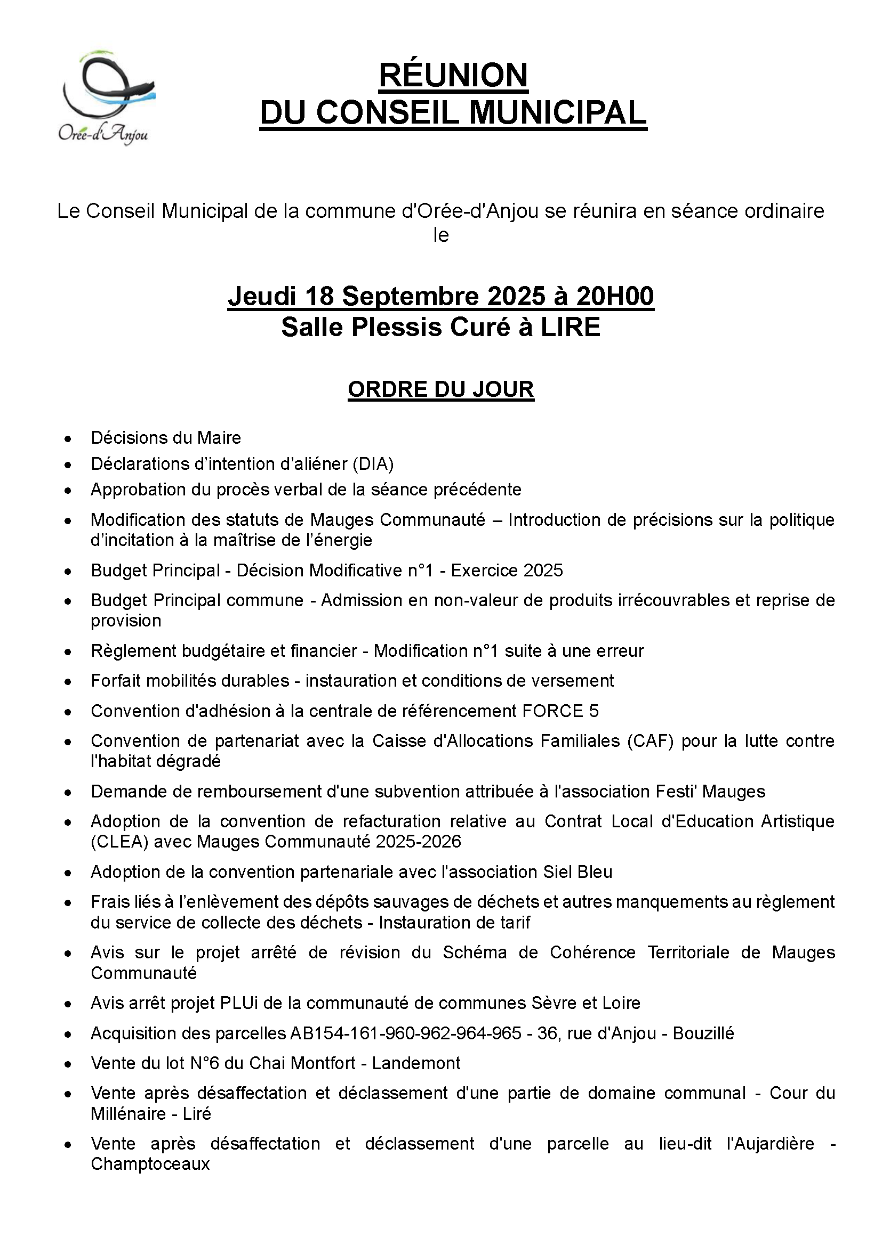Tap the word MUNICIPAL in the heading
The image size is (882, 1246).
pyautogui.click(x=557, y=113)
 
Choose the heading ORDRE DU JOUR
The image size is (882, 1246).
pyautogui.click(x=441, y=389)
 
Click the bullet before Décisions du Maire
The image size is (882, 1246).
pyautogui.click(x=67, y=438)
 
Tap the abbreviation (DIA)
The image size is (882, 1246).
pyautogui.click(x=373, y=463)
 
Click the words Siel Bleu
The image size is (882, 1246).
pyautogui.click(x=578, y=872)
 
